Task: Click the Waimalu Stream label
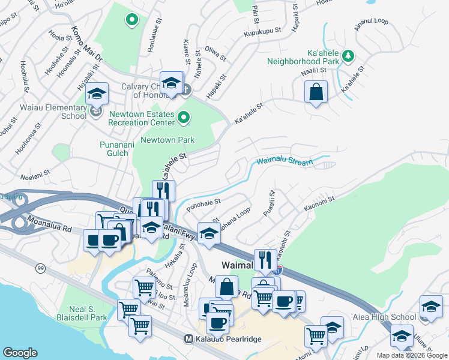(285, 162)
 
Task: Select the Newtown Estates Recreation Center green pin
(184, 120)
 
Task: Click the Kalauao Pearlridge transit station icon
(189, 340)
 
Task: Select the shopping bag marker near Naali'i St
(316, 92)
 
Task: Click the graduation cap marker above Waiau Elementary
(97, 94)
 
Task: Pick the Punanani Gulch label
(114, 149)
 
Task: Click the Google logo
(20, 353)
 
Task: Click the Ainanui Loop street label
(372, 22)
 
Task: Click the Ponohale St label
(204, 205)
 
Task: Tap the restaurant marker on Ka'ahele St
(164, 191)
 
